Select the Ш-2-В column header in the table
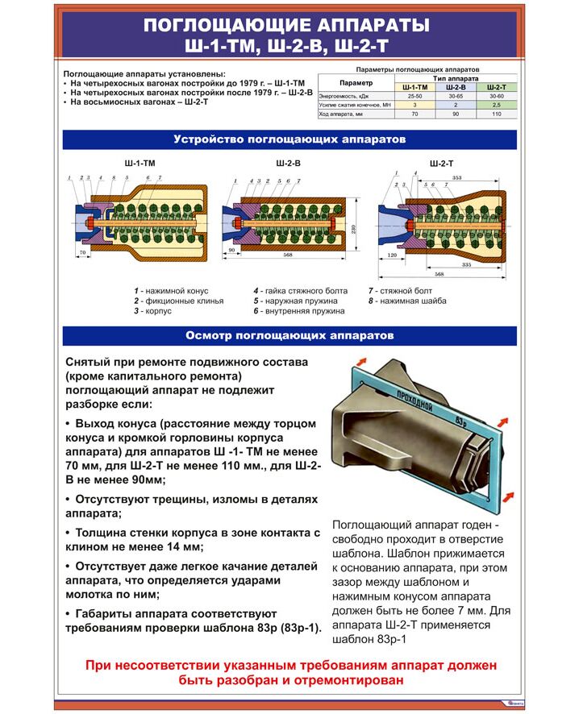[x=456, y=87]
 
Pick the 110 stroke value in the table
[x=498, y=114]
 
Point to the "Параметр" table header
[x=356, y=82]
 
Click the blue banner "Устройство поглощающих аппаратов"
[x=289, y=139]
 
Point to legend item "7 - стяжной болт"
[x=400, y=290]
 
